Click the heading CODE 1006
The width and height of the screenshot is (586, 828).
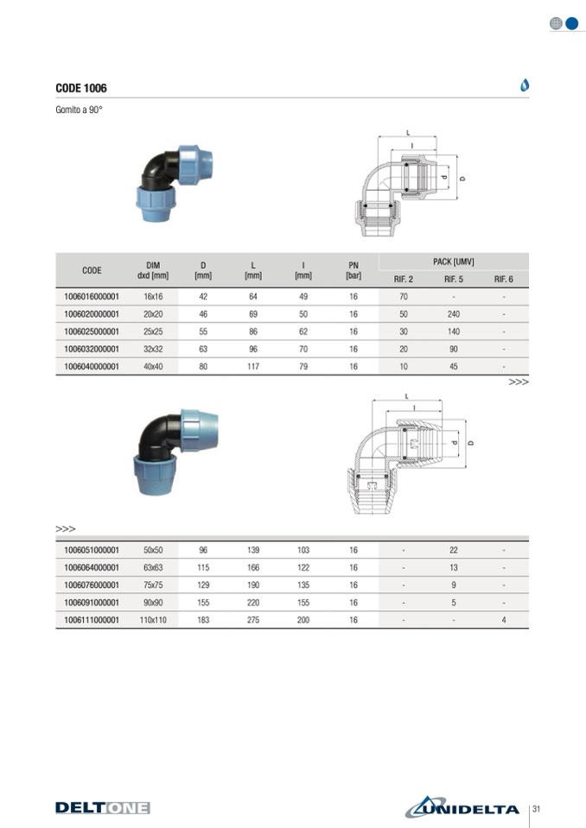pos(81,88)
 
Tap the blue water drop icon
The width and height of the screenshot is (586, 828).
pos(524,85)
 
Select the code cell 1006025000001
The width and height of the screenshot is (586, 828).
pos(92,332)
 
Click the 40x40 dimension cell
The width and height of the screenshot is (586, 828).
pos(153,366)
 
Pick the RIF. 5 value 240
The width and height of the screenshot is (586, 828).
pos(454,314)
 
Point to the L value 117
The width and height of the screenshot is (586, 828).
pos(253,366)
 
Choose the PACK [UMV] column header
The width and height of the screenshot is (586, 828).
pos(454,262)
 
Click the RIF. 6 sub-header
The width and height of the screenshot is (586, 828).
pos(504,279)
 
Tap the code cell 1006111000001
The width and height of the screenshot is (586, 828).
pos(92,620)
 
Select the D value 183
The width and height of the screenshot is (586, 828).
pos(203,620)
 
